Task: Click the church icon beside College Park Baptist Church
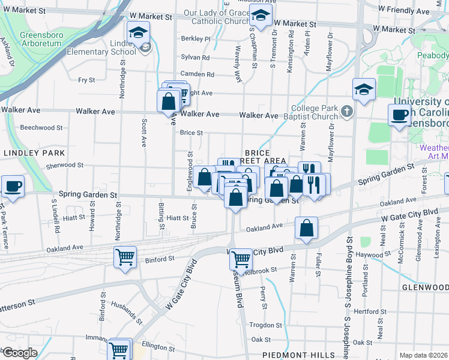pos(346,112)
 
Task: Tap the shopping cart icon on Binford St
pos(125,257)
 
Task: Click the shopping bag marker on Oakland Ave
pos(306,228)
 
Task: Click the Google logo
pos(19,353)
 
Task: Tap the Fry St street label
pos(87,80)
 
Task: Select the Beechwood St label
pos(41,127)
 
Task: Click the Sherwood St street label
pos(64,165)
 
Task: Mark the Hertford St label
pos(369,312)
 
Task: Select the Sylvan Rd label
pos(197,58)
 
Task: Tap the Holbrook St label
pos(261,270)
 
